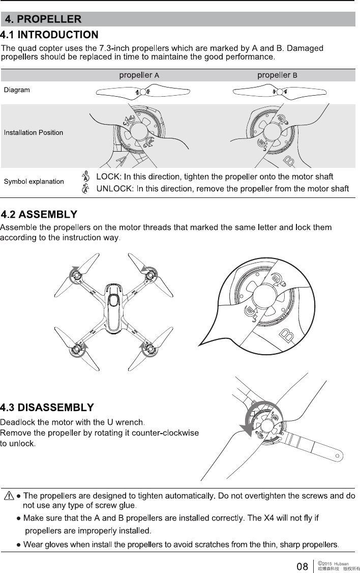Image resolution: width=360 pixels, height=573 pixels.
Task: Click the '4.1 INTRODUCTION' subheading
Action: [49, 35]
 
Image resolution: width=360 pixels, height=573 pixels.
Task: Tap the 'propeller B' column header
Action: [277, 75]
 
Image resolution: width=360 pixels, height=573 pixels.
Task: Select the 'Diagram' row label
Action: [17, 90]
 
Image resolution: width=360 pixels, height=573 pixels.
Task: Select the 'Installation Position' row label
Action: [34, 133]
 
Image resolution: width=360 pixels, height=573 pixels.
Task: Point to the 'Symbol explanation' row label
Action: [34, 182]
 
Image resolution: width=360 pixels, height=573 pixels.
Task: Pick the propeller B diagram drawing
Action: [279, 92]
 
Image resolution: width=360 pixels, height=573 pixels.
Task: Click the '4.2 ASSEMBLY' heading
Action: [39, 213]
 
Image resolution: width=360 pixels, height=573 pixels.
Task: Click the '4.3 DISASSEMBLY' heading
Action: [47, 408]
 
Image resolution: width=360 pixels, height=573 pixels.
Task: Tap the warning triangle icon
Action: [9, 496]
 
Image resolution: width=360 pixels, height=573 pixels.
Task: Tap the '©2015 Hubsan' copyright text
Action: [333, 563]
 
